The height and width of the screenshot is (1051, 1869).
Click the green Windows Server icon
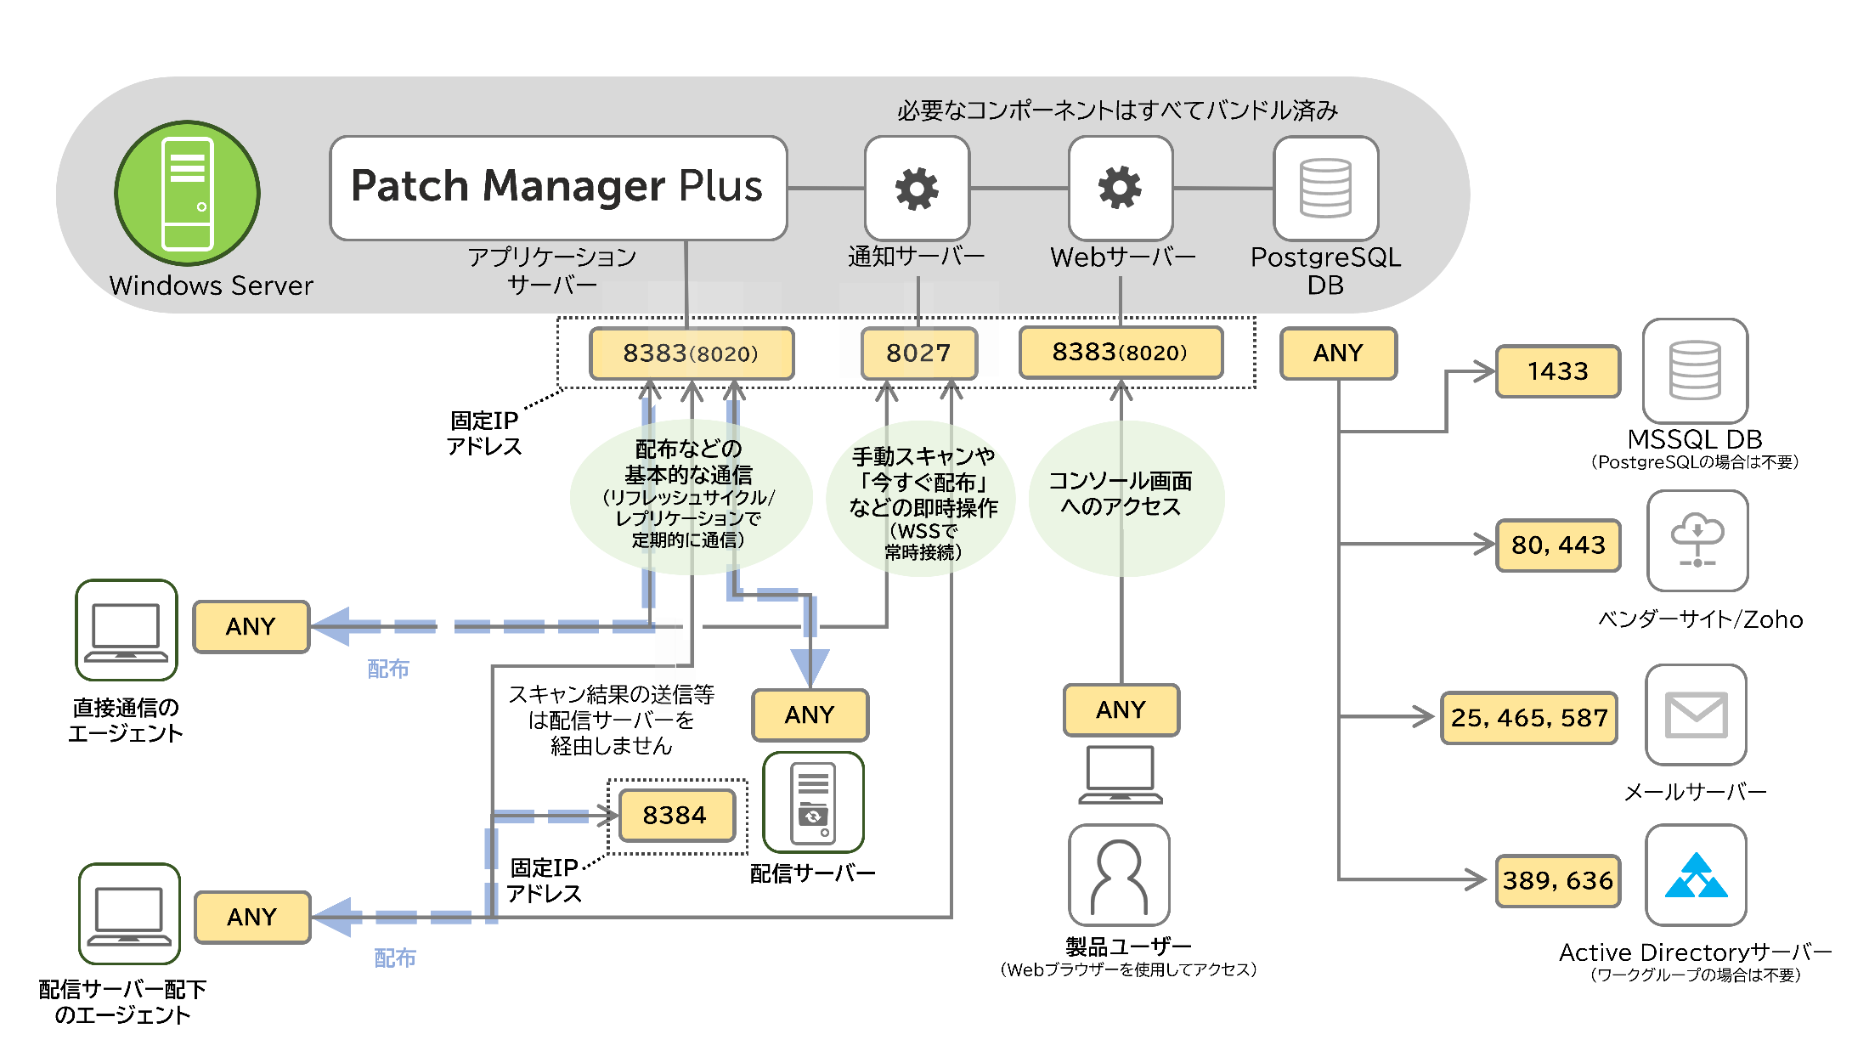pyautogui.click(x=187, y=193)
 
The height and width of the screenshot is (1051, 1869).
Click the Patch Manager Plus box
pyautogui.click(x=558, y=188)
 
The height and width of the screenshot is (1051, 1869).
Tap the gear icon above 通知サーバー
pyautogui.click(x=917, y=188)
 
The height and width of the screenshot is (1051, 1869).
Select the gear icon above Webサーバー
pyautogui.click(x=1121, y=188)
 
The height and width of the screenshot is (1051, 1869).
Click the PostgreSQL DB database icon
pyautogui.click(x=1325, y=188)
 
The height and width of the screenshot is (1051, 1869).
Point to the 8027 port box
pyautogui.click(x=918, y=353)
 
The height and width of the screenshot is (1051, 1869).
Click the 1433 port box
pyautogui.click(x=1558, y=371)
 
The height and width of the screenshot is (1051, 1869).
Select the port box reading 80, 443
pyautogui.click(x=1558, y=545)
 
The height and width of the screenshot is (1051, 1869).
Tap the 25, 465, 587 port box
pyautogui.click(x=1529, y=718)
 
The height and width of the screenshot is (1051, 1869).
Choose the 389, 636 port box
pyautogui.click(x=1558, y=880)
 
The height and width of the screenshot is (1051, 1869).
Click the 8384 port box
pyautogui.click(x=675, y=816)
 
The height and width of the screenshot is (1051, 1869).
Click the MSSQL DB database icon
pyautogui.click(x=1695, y=370)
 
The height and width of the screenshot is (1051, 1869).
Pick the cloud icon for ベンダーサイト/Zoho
pyautogui.click(x=1697, y=540)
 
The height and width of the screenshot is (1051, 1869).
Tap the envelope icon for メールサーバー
pyautogui.click(x=1696, y=715)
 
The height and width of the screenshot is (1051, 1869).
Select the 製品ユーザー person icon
pyautogui.click(x=1119, y=875)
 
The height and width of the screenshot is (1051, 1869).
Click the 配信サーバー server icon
pyautogui.click(x=813, y=802)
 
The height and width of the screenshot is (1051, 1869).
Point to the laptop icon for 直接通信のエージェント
pyautogui.click(x=126, y=630)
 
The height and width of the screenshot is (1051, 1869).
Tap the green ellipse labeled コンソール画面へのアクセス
pyautogui.click(x=1126, y=497)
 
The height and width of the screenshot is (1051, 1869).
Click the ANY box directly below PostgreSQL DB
pyautogui.click(x=1338, y=353)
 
